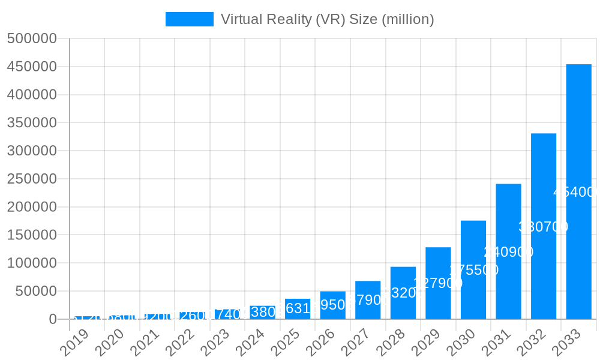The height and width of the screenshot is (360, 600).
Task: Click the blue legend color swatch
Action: click(x=190, y=19)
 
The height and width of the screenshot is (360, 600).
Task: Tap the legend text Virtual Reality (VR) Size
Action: click(x=327, y=19)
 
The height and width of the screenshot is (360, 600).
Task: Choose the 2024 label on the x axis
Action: click(x=250, y=342)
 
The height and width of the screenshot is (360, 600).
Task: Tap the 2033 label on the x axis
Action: click(x=566, y=342)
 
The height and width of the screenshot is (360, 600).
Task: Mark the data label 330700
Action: click(x=543, y=227)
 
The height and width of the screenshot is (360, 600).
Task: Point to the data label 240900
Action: click(x=508, y=252)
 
